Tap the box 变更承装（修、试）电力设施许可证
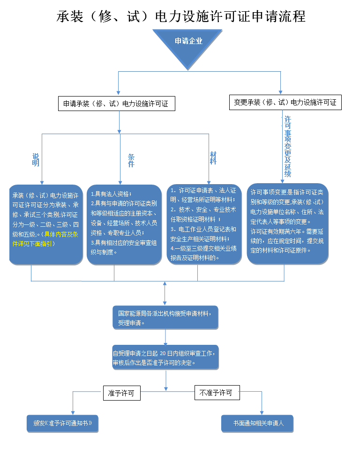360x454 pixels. (285, 103)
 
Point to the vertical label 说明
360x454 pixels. (36, 160)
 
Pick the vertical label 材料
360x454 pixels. (213, 158)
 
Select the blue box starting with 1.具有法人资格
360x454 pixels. (125, 224)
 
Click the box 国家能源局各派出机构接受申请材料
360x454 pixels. (165, 317)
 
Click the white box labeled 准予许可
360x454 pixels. (121, 393)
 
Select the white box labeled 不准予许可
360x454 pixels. (217, 393)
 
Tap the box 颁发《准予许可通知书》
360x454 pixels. (63, 423)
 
